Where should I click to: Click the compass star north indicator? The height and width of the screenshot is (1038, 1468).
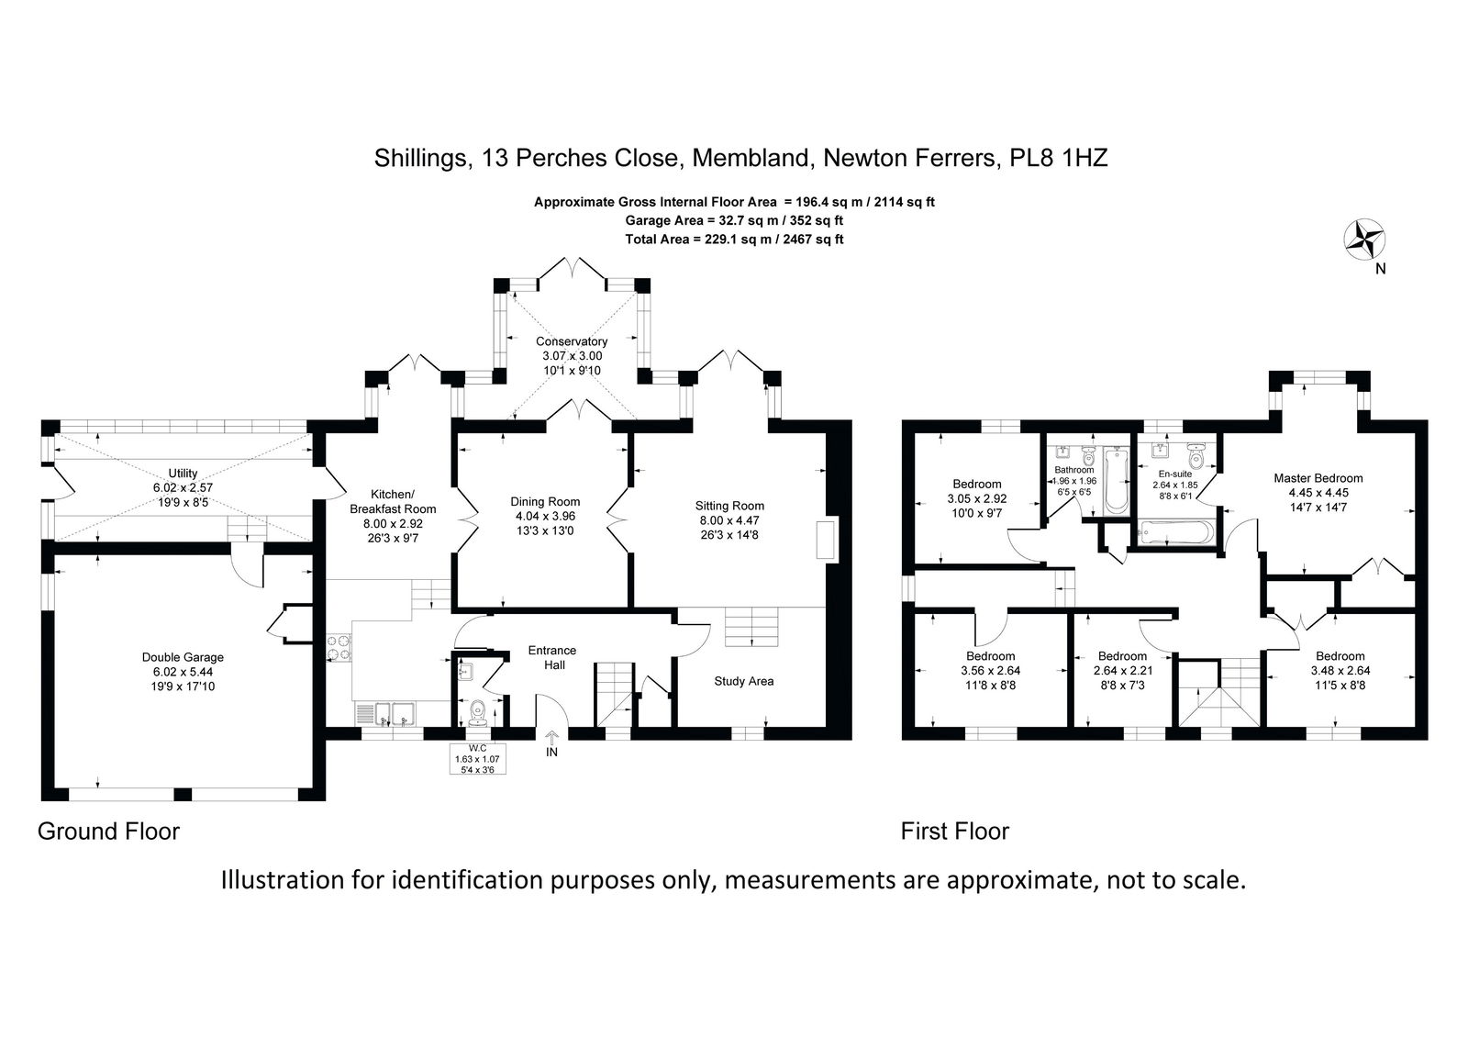tap(1363, 240)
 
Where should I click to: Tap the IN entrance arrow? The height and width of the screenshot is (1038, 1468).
tap(551, 738)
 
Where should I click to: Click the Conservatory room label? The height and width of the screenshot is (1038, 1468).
tap(572, 341)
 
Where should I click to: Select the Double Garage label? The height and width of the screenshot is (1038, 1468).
tap(183, 657)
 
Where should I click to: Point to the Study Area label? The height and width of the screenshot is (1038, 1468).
tap(744, 681)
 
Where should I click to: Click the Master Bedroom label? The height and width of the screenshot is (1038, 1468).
tap(1318, 478)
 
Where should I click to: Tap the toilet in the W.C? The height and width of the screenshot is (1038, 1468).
tap(477, 712)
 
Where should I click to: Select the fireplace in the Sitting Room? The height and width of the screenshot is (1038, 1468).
tap(828, 541)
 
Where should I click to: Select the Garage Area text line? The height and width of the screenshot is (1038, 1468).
tap(734, 220)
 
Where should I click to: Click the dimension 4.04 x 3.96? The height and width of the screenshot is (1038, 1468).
tap(545, 516)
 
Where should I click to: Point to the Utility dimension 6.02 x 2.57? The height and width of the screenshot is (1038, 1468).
tap(183, 487)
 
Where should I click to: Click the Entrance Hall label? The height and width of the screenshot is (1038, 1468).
tap(552, 657)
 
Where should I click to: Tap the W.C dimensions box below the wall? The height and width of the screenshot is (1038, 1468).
tap(478, 759)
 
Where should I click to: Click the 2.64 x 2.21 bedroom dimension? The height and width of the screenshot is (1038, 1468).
tap(1123, 670)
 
